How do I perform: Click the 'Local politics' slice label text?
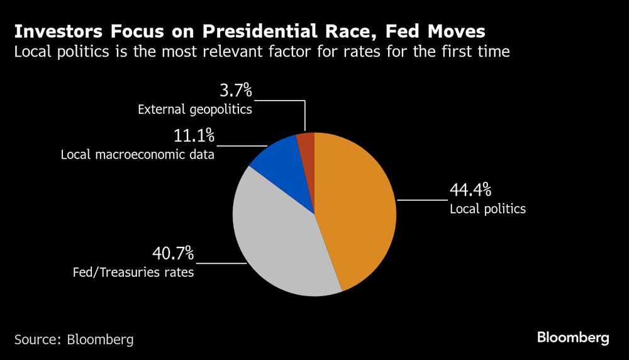pyautogui.click(x=487, y=209)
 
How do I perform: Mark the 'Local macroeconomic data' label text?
pyautogui.click(x=138, y=154)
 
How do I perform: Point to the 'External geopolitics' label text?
pyautogui.click(x=195, y=110)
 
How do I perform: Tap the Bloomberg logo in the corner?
pyautogui.click(x=573, y=338)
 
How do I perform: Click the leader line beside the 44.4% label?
pyautogui.click(x=421, y=200)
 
